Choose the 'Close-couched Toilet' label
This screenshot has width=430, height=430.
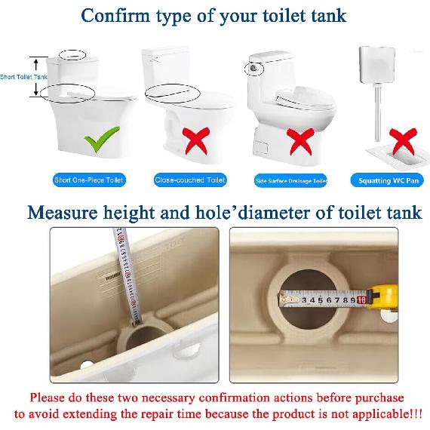coord(190,180)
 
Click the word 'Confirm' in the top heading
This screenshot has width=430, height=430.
coord(115,15)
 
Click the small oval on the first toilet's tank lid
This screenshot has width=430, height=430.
coord(72,55)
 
